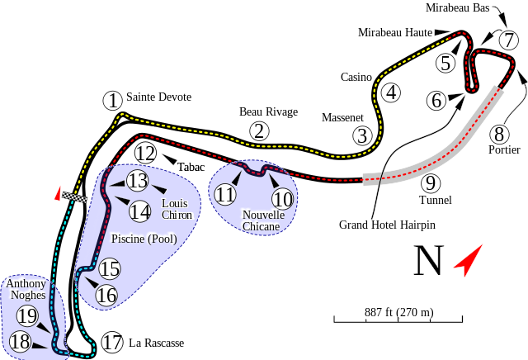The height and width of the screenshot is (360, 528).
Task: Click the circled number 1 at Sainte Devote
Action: (x=111, y=101)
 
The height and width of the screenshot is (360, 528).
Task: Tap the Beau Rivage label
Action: (x=268, y=111)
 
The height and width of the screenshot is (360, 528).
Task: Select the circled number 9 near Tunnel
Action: (x=428, y=182)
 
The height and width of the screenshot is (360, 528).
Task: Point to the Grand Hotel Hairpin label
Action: (x=387, y=224)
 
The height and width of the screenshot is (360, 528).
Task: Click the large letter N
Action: (x=429, y=261)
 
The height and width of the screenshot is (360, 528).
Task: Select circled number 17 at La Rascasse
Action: (x=113, y=342)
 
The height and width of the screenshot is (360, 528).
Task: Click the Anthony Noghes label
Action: (x=26, y=289)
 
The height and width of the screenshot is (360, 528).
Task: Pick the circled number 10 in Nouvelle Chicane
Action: (x=282, y=198)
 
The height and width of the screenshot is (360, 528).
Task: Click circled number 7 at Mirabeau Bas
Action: (x=508, y=40)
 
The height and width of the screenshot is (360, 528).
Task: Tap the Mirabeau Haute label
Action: (x=394, y=32)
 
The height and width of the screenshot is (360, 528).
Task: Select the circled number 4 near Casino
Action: (x=390, y=93)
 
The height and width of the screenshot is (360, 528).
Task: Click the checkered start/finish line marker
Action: (x=77, y=197)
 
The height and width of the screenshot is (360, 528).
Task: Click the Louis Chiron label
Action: (x=177, y=209)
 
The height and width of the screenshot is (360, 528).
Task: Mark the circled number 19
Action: (x=27, y=315)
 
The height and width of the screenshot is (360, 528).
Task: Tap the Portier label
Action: (x=503, y=149)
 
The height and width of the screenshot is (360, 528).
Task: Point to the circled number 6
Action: (x=436, y=101)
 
